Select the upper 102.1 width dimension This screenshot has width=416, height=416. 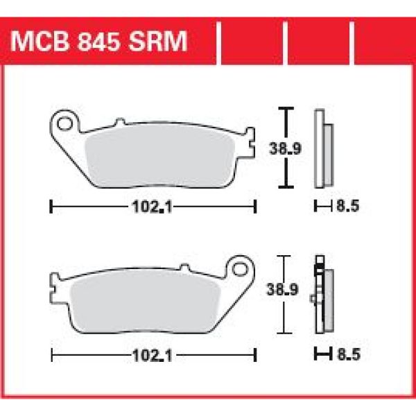153,206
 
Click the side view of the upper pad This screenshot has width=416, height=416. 321,147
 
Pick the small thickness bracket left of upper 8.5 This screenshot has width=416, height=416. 320,206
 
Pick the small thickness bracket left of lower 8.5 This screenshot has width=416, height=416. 320,356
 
